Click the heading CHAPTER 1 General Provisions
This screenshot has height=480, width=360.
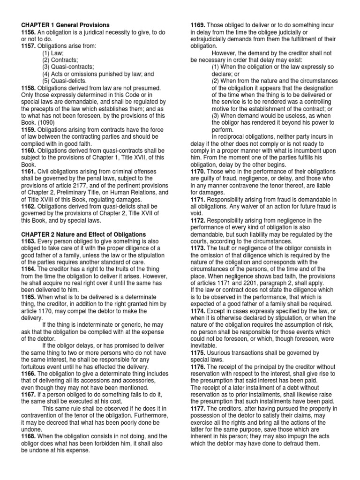pyautogui.click(x=66, y=25)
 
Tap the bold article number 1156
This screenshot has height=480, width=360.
pyautogui.click(x=29, y=32)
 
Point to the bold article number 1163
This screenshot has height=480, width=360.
pyautogui.click(x=29, y=241)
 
